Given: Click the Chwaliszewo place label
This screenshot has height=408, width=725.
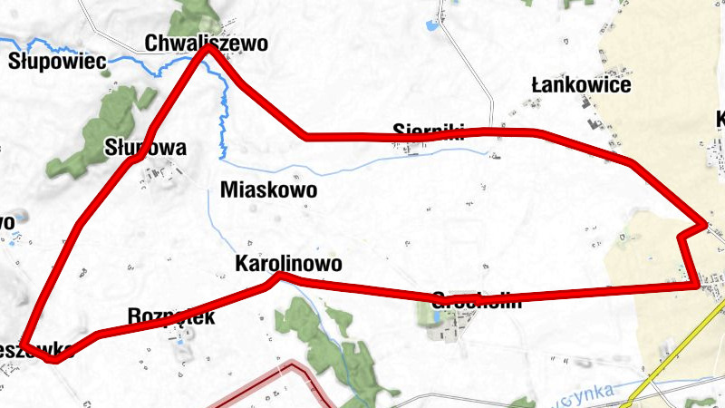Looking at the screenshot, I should click(x=207, y=43).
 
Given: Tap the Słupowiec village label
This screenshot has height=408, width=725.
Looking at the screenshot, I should click(x=58, y=62).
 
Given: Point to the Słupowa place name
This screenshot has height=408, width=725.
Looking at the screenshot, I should click(x=145, y=148).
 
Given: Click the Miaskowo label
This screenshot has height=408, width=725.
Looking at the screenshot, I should click(x=268, y=190).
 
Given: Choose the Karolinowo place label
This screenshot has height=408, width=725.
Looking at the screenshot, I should click(x=287, y=264).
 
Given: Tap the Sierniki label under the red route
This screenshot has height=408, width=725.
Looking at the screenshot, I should click(x=429, y=130).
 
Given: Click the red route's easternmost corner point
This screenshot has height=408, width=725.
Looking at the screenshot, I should click(x=703, y=223).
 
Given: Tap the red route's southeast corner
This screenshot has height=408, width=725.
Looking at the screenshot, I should click(x=696, y=285).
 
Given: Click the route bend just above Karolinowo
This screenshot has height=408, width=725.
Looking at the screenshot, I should click(x=280, y=275).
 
